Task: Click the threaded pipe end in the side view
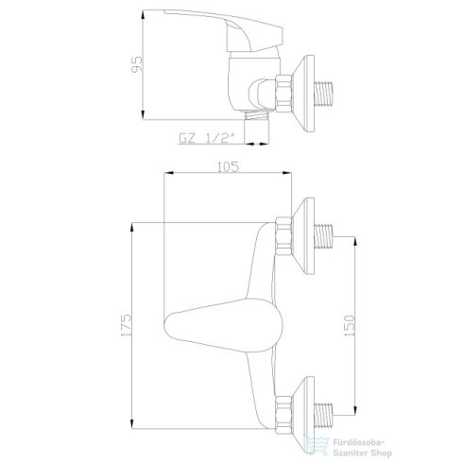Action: pos(329,91)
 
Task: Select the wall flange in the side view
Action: pos(304,91)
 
